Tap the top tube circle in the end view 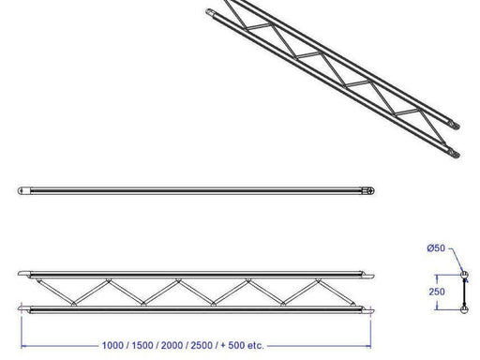[x=464, y=275]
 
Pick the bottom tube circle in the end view [x=464, y=308]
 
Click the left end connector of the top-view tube [x=23, y=190]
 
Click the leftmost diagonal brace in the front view [x=52, y=292]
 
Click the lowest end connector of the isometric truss [x=456, y=153]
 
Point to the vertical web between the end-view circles [x=464, y=292]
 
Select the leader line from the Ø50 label [x=455, y=259]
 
